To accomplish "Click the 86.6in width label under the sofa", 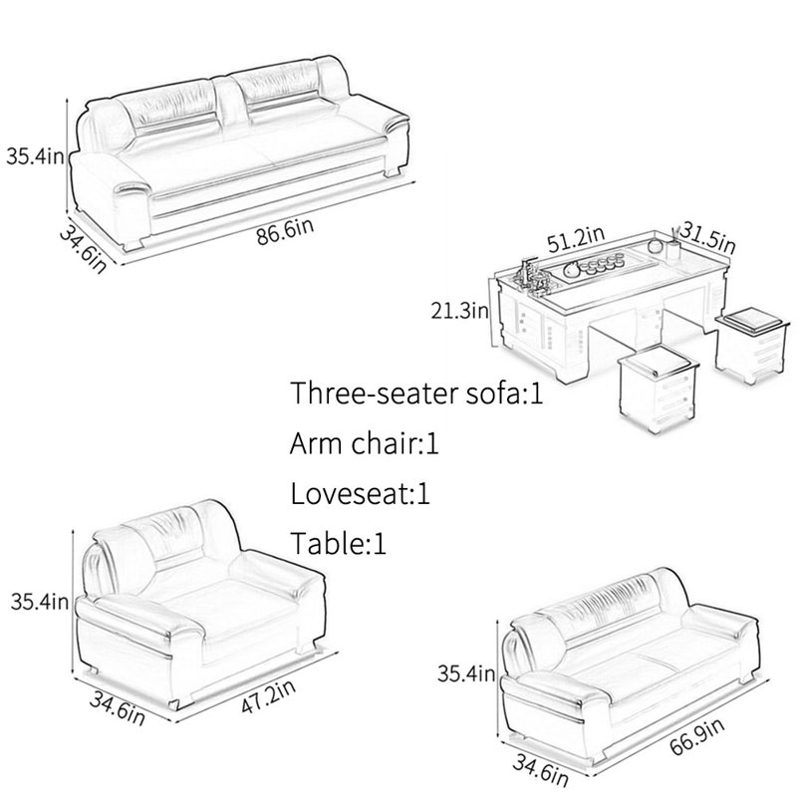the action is point(285,231).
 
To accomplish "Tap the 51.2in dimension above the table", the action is point(576,239).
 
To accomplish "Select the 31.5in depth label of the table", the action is point(707,237).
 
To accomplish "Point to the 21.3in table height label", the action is point(459,310).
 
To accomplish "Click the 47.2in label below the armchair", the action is point(268,695).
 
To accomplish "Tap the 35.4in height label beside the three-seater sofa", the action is point(36,155).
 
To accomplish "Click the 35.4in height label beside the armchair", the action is point(40,602).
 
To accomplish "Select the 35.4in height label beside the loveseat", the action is point(466,673).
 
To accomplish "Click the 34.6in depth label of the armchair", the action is point(118,708).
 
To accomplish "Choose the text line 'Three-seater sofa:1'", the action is point(416,393).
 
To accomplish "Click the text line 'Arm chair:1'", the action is point(364,442).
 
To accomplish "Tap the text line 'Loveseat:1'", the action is point(360,492).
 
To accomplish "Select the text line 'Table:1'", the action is point(338,542).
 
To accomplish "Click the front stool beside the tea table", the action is point(658,388).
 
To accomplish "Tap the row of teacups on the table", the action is point(605,266).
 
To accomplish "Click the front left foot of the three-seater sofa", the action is point(134,243).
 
